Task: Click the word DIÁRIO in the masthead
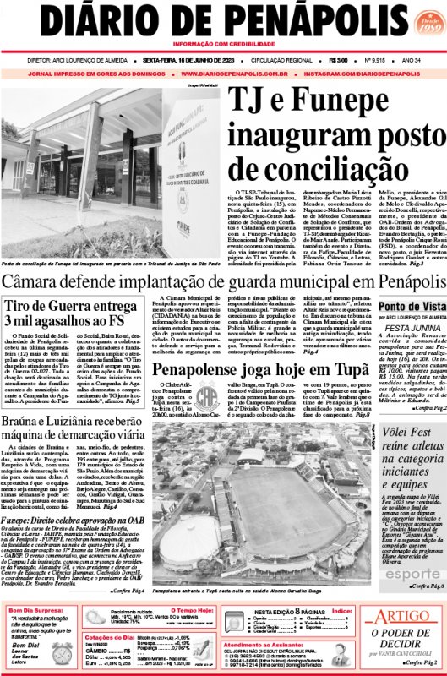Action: point(112,20)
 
